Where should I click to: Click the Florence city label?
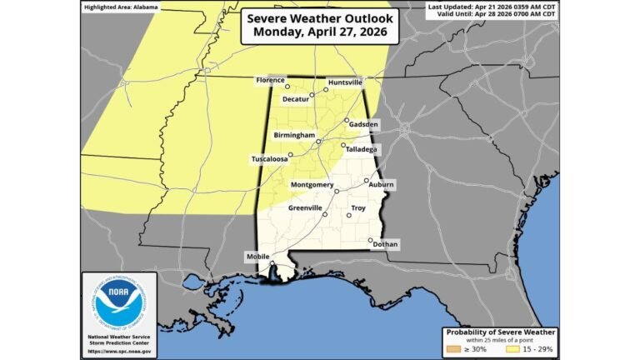(x=270, y=80)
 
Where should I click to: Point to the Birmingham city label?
(x=294, y=134)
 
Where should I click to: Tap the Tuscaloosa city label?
(x=270, y=158)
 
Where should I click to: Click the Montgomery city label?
(x=312, y=184)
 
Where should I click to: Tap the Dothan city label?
(x=386, y=244)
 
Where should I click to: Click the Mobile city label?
(x=257, y=257)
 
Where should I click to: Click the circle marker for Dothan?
(x=371, y=241)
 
